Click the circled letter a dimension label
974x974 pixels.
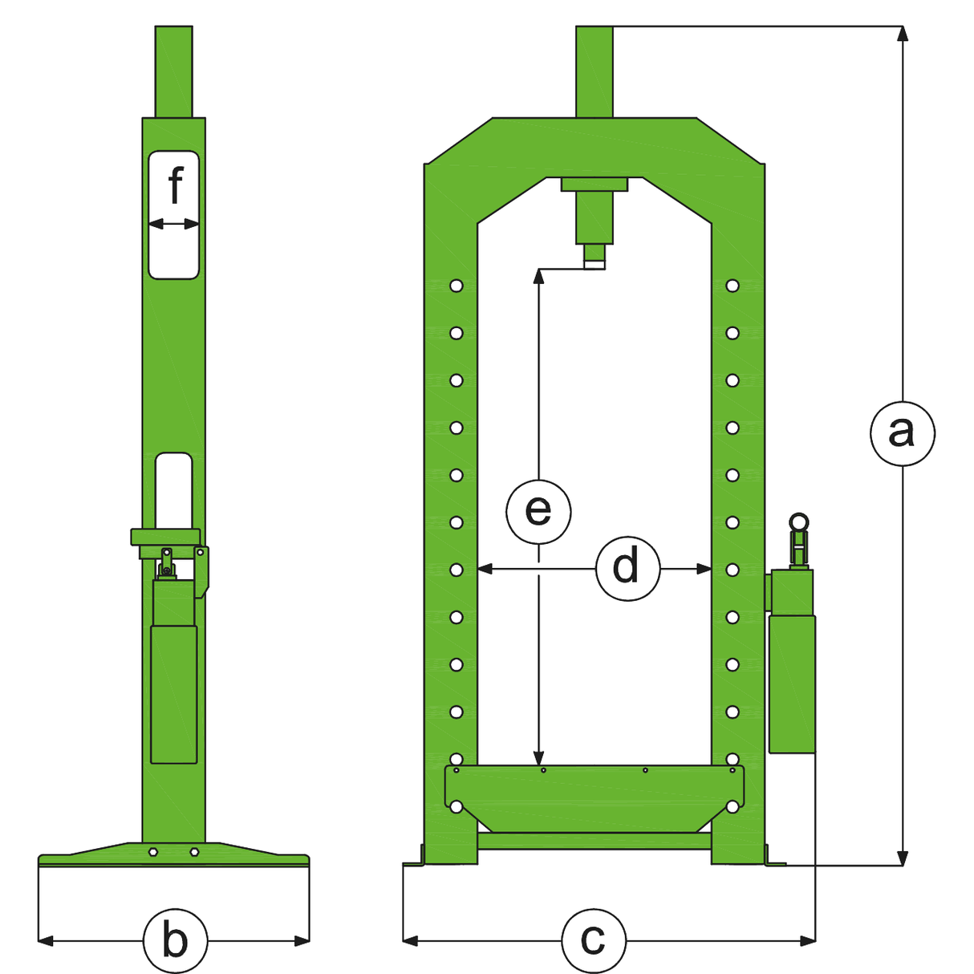(x=902, y=433)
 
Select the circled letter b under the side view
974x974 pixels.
(x=175, y=940)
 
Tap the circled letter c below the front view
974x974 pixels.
(x=593, y=940)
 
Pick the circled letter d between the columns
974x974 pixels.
(x=627, y=568)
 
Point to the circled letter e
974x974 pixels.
(x=538, y=510)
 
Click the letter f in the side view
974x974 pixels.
(x=175, y=186)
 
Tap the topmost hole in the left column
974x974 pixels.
(x=457, y=286)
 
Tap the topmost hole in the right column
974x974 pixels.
(x=732, y=286)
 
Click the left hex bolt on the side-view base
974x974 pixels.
(x=153, y=853)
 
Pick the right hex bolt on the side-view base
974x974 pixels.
(x=193, y=853)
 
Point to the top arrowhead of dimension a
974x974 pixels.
(x=903, y=33)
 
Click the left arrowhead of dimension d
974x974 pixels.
(x=484, y=569)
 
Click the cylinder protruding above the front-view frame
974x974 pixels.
(x=594, y=71)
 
